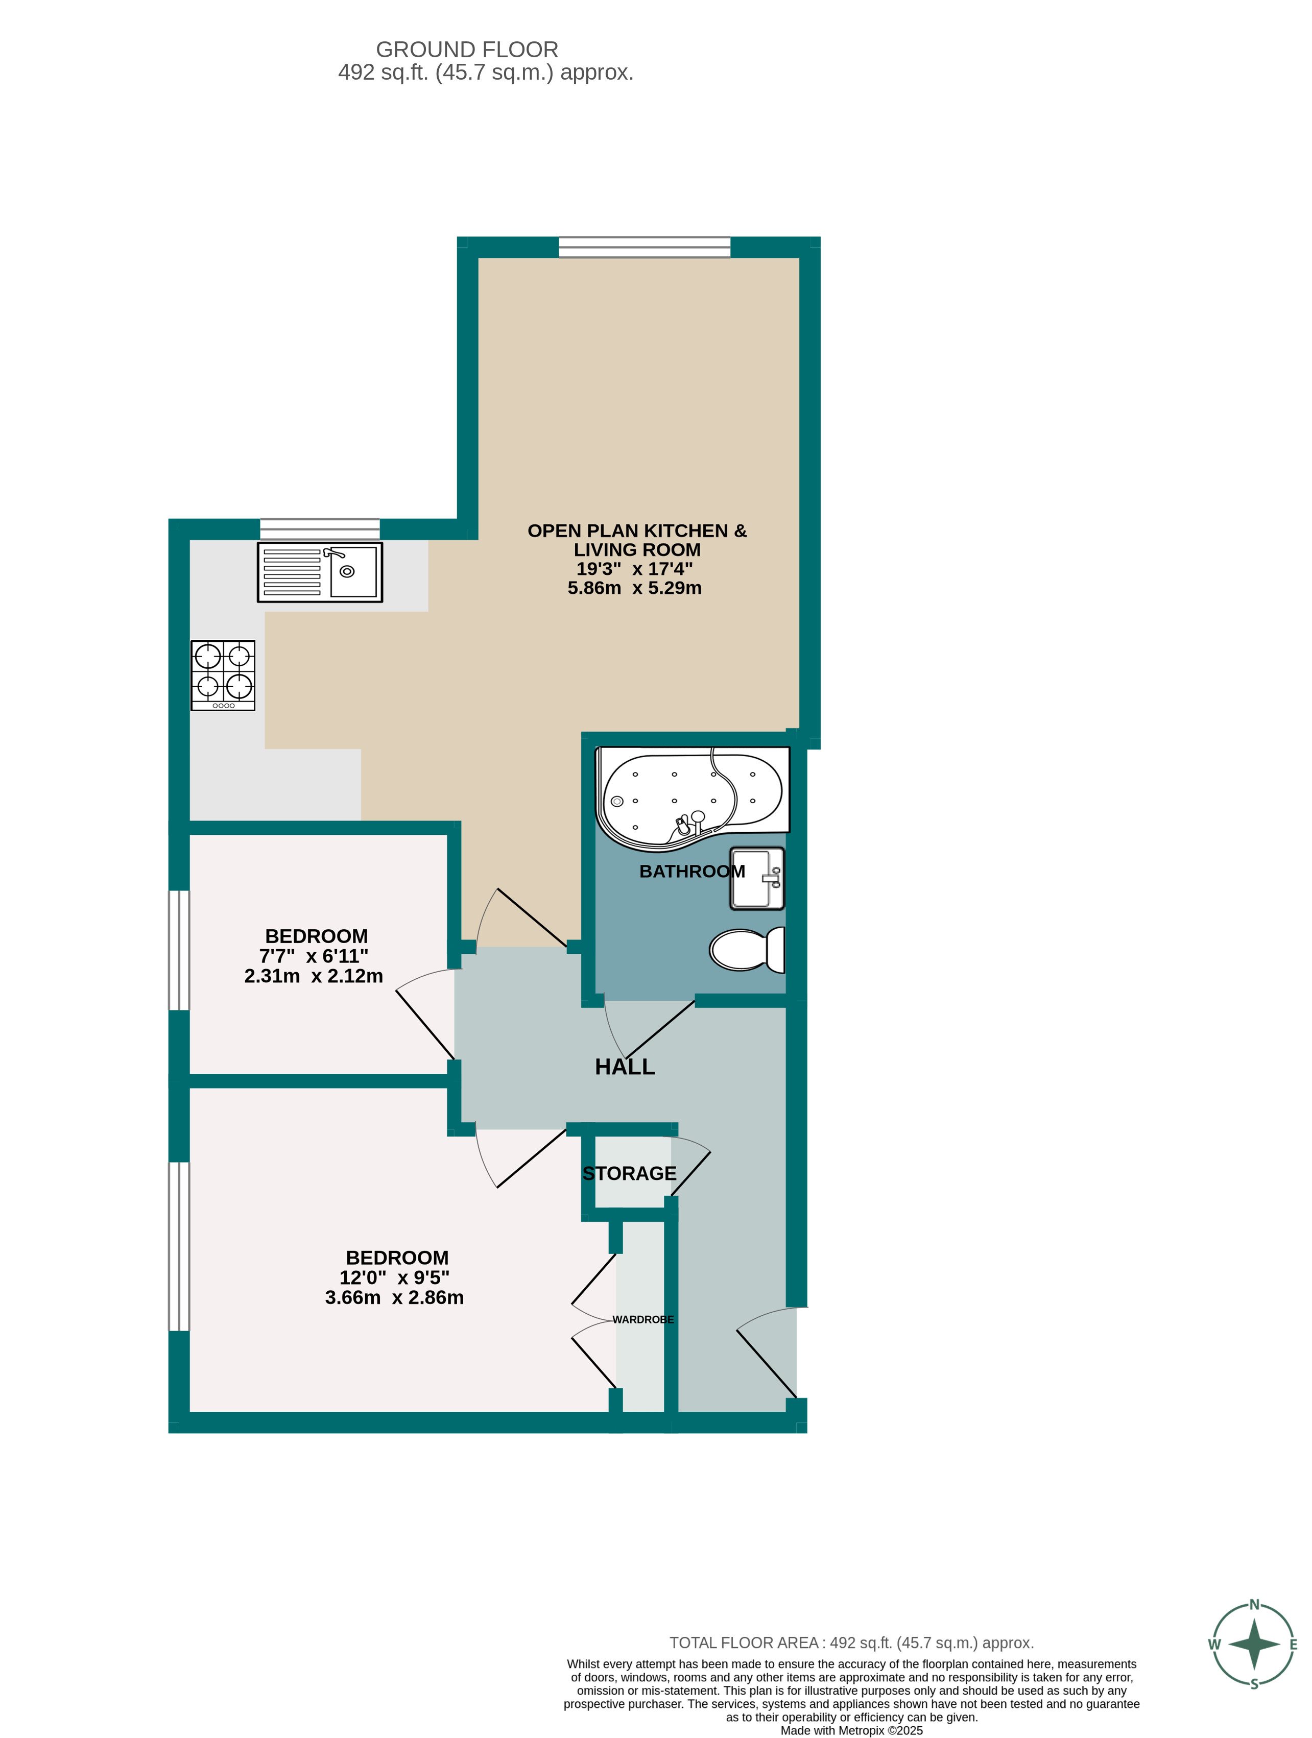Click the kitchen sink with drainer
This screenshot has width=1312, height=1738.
coord(319,572)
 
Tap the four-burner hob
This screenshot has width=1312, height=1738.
coord(223,675)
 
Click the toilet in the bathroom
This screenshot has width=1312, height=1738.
coord(747,949)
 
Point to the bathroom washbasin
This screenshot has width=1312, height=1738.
coord(757,878)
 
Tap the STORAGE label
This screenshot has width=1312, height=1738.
coord(629,1173)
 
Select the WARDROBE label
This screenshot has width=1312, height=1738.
coord(643,1319)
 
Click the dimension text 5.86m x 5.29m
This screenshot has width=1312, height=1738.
coord(634,588)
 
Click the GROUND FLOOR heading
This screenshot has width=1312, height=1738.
coord(467,50)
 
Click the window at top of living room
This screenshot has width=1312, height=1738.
coord(645,247)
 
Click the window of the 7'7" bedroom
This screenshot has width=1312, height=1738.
coord(179,950)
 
